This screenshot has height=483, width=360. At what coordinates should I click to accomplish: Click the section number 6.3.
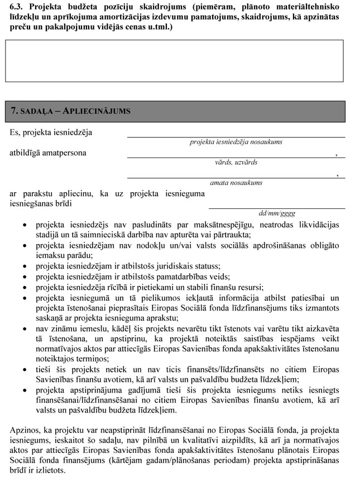[x=17, y=8]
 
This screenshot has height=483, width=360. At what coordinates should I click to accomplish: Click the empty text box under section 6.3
[x=179, y=61]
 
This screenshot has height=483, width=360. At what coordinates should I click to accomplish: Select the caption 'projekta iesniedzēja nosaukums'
[x=236, y=142]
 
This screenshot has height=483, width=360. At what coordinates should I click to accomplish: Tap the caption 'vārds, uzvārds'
[x=236, y=162]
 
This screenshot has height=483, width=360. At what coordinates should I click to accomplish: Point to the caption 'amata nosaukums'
[x=236, y=183]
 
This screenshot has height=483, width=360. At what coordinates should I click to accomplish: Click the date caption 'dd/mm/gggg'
[x=277, y=213]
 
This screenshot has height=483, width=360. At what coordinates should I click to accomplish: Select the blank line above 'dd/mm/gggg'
[x=277, y=207]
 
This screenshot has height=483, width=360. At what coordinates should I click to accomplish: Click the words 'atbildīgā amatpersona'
[x=48, y=152]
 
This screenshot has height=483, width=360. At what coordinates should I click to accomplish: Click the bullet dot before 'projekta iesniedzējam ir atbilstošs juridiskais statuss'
[x=24, y=266]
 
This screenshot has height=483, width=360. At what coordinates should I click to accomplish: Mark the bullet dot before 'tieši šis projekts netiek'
[x=24, y=370]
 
